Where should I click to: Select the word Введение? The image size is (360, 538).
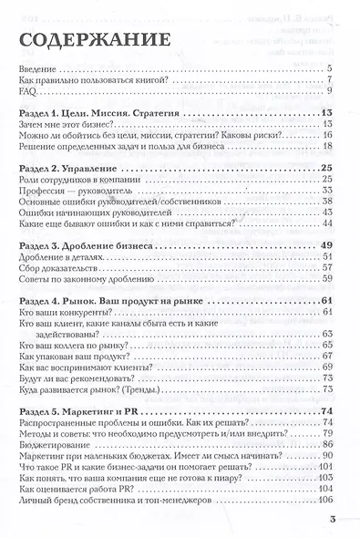pos(39,69)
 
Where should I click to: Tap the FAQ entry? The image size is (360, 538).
pos(27,92)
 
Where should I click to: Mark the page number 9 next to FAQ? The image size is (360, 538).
pos(332,92)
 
